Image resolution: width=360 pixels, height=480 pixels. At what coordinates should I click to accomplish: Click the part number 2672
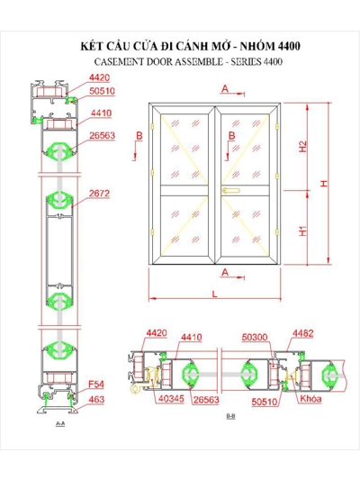98,193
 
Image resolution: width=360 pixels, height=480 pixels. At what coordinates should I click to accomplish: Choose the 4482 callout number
302,334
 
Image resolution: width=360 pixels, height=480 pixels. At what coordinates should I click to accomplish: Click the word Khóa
310,397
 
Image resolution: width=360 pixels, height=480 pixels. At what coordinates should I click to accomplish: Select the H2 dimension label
303,147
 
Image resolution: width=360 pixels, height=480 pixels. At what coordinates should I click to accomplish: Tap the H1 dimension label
303,231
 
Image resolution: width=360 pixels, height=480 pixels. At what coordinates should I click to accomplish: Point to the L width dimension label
214,294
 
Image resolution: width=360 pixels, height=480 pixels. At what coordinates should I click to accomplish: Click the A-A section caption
59,422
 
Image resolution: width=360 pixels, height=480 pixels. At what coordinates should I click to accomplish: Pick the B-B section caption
230,415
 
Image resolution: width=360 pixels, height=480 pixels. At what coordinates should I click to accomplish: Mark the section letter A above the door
225,88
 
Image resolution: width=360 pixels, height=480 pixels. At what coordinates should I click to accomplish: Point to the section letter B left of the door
139,135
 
